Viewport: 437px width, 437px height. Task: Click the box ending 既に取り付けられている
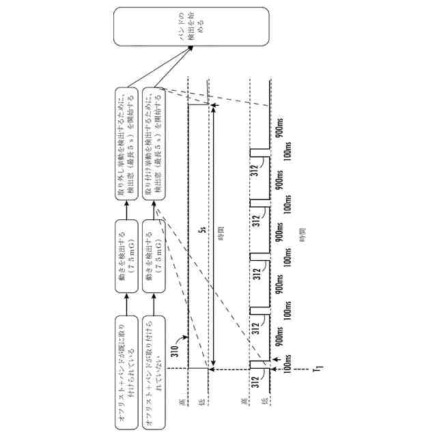pos(126,373)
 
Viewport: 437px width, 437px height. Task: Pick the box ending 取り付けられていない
pos(156,373)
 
